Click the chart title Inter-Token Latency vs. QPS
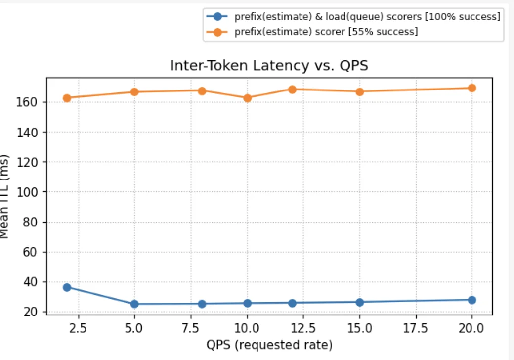(x=269, y=66)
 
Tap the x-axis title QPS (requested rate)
(x=269, y=344)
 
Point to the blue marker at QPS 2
(x=67, y=287)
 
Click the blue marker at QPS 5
(x=134, y=304)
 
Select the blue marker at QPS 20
(x=472, y=300)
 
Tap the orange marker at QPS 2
(x=67, y=98)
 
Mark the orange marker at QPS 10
(x=247, y=98)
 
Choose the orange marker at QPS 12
(x=292, y=90)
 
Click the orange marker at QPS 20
(x=472, y=88)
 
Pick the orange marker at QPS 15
(x=360, y=91)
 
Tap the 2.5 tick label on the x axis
(x=78, y=328)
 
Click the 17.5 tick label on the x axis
(x=416, y=328)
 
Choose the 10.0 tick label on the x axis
(x=247, y=328)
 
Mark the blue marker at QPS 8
(x=202, y=304)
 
